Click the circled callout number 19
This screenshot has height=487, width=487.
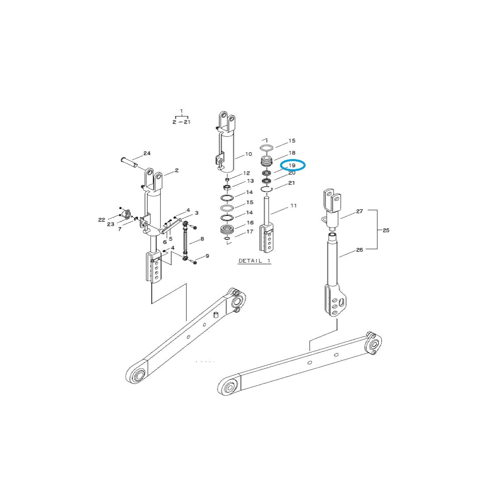click(x=292, y=166)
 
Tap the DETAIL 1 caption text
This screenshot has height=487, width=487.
click(x=254, y=261)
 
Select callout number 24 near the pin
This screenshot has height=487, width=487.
click(x=147, y=153)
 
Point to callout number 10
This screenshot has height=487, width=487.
click(x=248, y=154)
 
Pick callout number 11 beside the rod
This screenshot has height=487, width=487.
click(x=293, y=206)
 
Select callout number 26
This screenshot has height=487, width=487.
click(x=359, y=250)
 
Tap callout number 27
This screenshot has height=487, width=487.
click(x=359, y=211)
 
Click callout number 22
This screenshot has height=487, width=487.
click(x=101, y=220)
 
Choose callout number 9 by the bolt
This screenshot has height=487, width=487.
click(x=207, y=256)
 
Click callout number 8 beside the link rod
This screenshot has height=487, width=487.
click(x=202, y=239)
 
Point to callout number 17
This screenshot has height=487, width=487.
click(x=250, y=232)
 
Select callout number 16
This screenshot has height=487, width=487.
click(x=250, y=222)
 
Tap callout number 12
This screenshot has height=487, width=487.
click(x=246, y=173)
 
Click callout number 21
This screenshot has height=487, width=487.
click(x=291, y=183)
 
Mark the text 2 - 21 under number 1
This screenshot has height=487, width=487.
click(x=181, y=122)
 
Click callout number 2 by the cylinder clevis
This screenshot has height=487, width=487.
click(x=177, y=171)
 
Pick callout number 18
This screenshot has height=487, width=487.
click(x=292, y=153)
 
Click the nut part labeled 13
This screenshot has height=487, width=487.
click(x=227, y=187)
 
